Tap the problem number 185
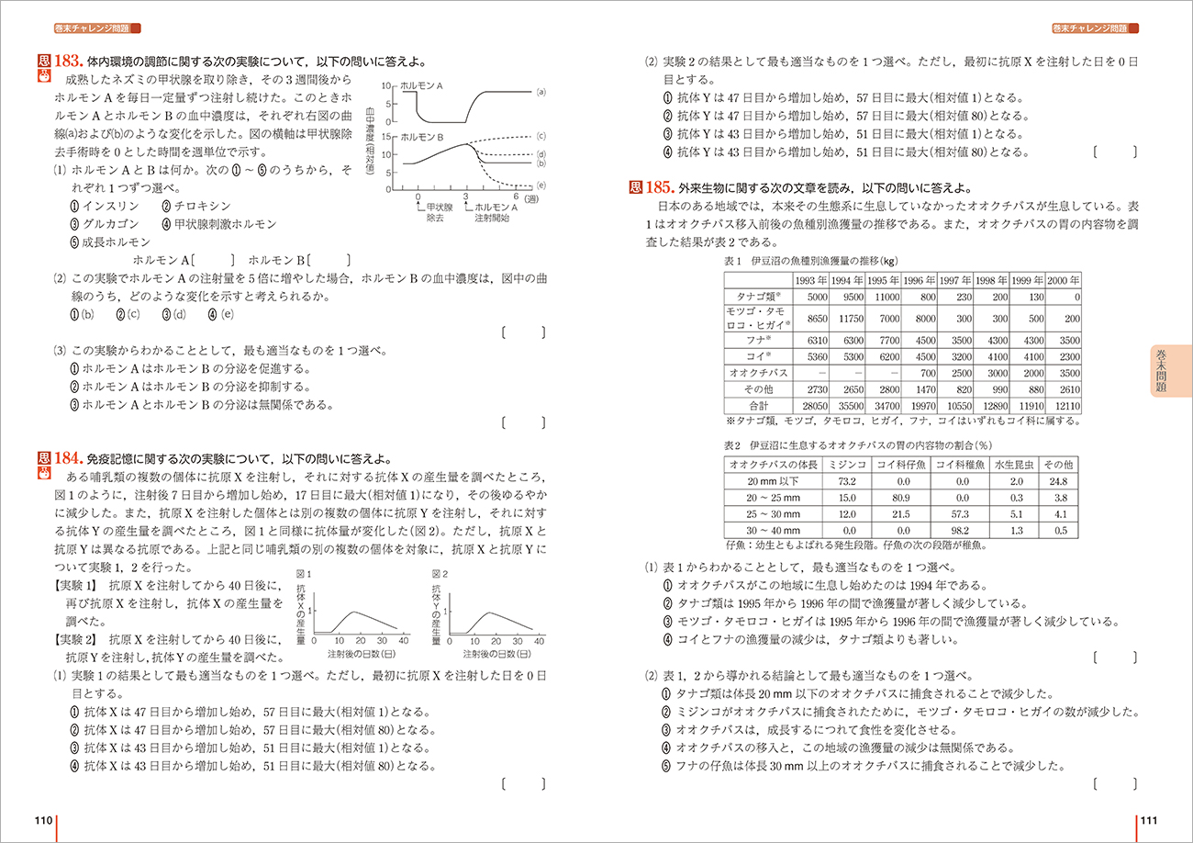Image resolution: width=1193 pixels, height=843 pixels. [660, 187]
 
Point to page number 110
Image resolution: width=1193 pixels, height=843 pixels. [43, 820]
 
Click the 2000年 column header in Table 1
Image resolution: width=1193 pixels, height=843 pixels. [1063, 280]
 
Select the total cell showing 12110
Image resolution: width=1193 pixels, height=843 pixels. [1063, 405]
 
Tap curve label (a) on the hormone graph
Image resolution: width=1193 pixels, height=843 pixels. [541, 91]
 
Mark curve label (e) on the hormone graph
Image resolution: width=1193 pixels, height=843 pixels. [541, 185]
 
